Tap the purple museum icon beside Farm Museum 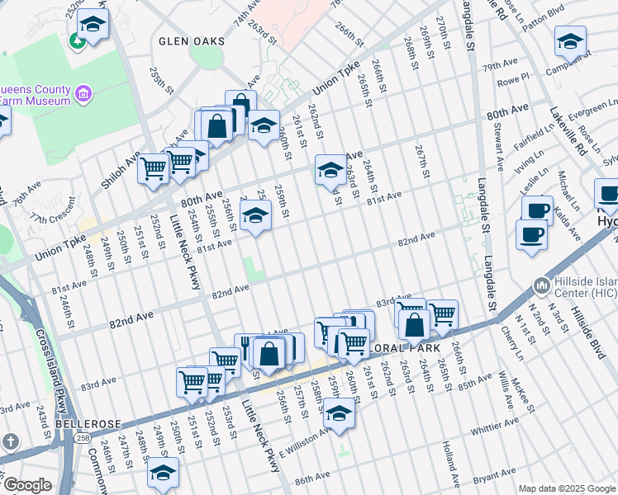tap(82, 94)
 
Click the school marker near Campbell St tap(570, 40)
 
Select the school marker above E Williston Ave tap(339, 413)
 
